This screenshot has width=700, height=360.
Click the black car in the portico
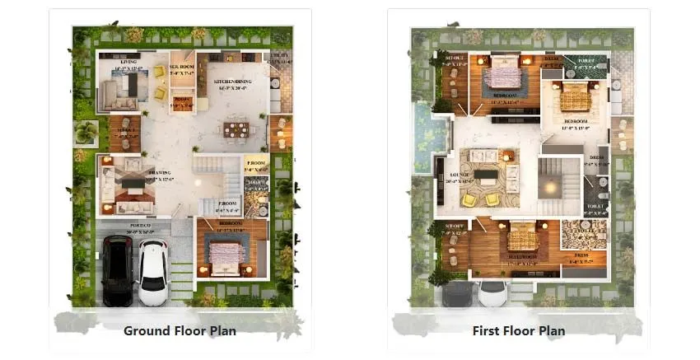click(x=117, y=269)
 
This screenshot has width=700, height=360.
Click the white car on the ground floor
click(x=153, y=271)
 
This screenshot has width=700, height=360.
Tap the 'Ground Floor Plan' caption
click(x=180, y=331)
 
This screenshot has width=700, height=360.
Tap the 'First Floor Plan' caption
click(x=518, y=331)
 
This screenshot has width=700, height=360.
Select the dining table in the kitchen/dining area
click(x=236, y=130)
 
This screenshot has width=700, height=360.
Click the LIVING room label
click(x=128, y=63)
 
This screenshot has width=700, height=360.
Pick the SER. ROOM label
click(x=180, y=67)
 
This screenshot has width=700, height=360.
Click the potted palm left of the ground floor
click(x=85, y=132)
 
